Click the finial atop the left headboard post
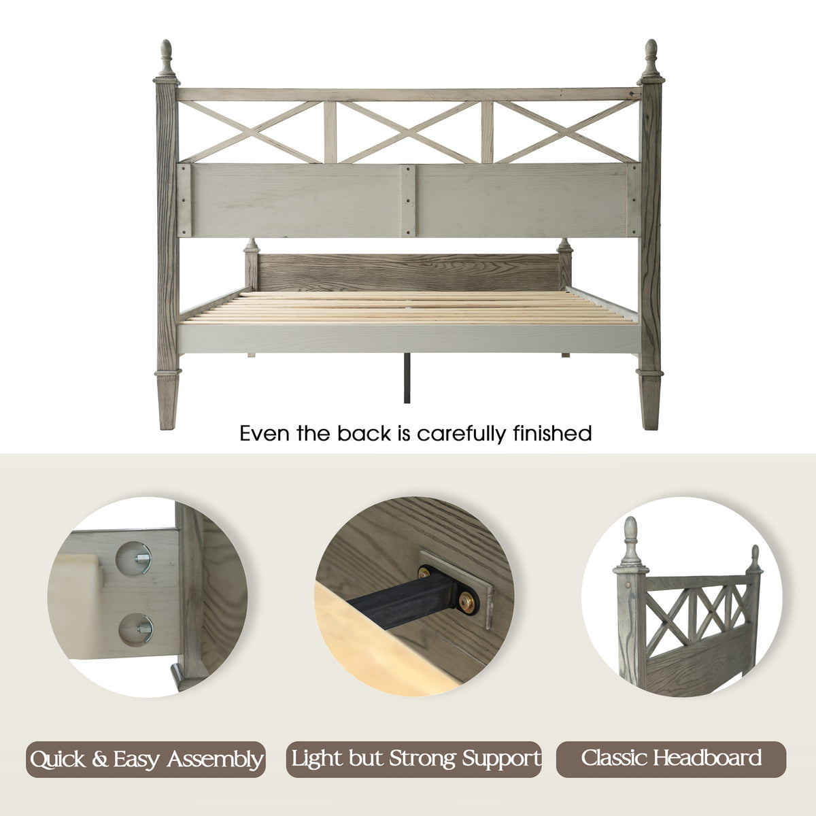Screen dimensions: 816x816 point(167,59)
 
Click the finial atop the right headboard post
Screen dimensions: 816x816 point(651,59)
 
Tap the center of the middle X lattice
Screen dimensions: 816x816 point(408,132)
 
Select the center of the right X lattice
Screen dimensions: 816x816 point(566,132)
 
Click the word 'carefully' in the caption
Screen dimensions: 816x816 point(463,434)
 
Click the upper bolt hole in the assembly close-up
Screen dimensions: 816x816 point(133,558)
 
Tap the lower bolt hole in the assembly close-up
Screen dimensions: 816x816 point(135,630)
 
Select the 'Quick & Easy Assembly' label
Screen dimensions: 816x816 point(146,759)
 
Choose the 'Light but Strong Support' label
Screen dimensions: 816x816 point(413,759)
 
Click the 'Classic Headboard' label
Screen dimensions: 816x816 point(671,759)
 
